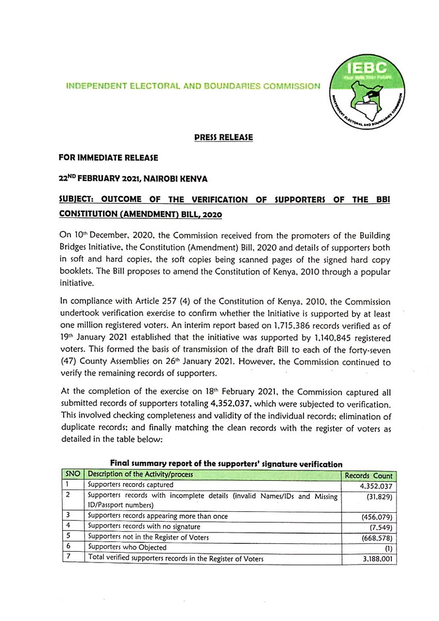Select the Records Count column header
coord(369,476)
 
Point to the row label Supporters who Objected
coord(127,548)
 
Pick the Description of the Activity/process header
coord(140,475)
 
